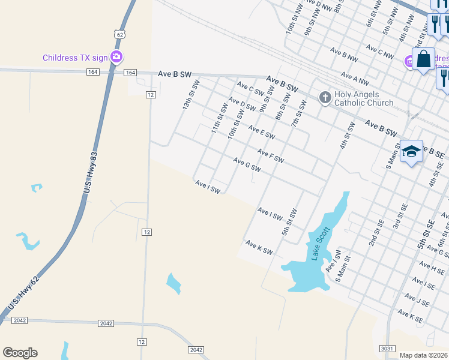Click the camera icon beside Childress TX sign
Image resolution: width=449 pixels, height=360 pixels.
116,58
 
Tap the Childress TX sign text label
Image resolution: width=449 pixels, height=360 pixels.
75,58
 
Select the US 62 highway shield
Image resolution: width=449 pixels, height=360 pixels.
121,35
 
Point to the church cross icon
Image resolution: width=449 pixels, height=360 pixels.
325,97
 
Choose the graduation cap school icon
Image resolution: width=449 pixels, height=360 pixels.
412,151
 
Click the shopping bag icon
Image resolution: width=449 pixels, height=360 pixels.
424,59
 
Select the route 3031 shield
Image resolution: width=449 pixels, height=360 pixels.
388,348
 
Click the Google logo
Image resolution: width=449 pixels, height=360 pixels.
20,353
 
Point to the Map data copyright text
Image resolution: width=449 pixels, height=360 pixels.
423,355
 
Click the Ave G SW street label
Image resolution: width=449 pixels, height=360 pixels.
247,164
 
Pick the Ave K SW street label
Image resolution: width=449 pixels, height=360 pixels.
259,247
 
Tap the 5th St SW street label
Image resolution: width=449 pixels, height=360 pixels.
291,221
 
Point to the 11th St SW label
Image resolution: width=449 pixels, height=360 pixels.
219,119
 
